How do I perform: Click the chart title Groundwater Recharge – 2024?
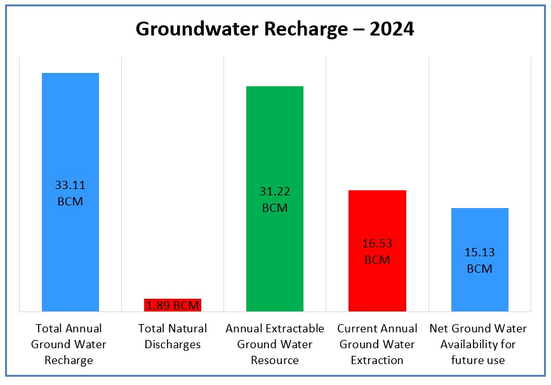tap(275, 29)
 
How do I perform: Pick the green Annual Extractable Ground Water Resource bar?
tap(275, 140)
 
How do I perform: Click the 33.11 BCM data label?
tap(70, 194)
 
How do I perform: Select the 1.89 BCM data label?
tap(173, 306)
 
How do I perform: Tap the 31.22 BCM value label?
tap(275, 199)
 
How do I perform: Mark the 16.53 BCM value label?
tap(377, 251)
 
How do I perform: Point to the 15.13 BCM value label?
tap(479, 260)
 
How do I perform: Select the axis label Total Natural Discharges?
tap(173, 337)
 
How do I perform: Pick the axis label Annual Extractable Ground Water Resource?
tap(275, 344)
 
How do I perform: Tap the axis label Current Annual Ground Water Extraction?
tap(377, 344)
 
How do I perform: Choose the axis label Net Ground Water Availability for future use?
tap(479, 344)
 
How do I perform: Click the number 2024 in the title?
tap(387, 29)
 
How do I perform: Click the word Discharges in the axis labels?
tap(173, 345)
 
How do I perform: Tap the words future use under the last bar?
tap(479, 360)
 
